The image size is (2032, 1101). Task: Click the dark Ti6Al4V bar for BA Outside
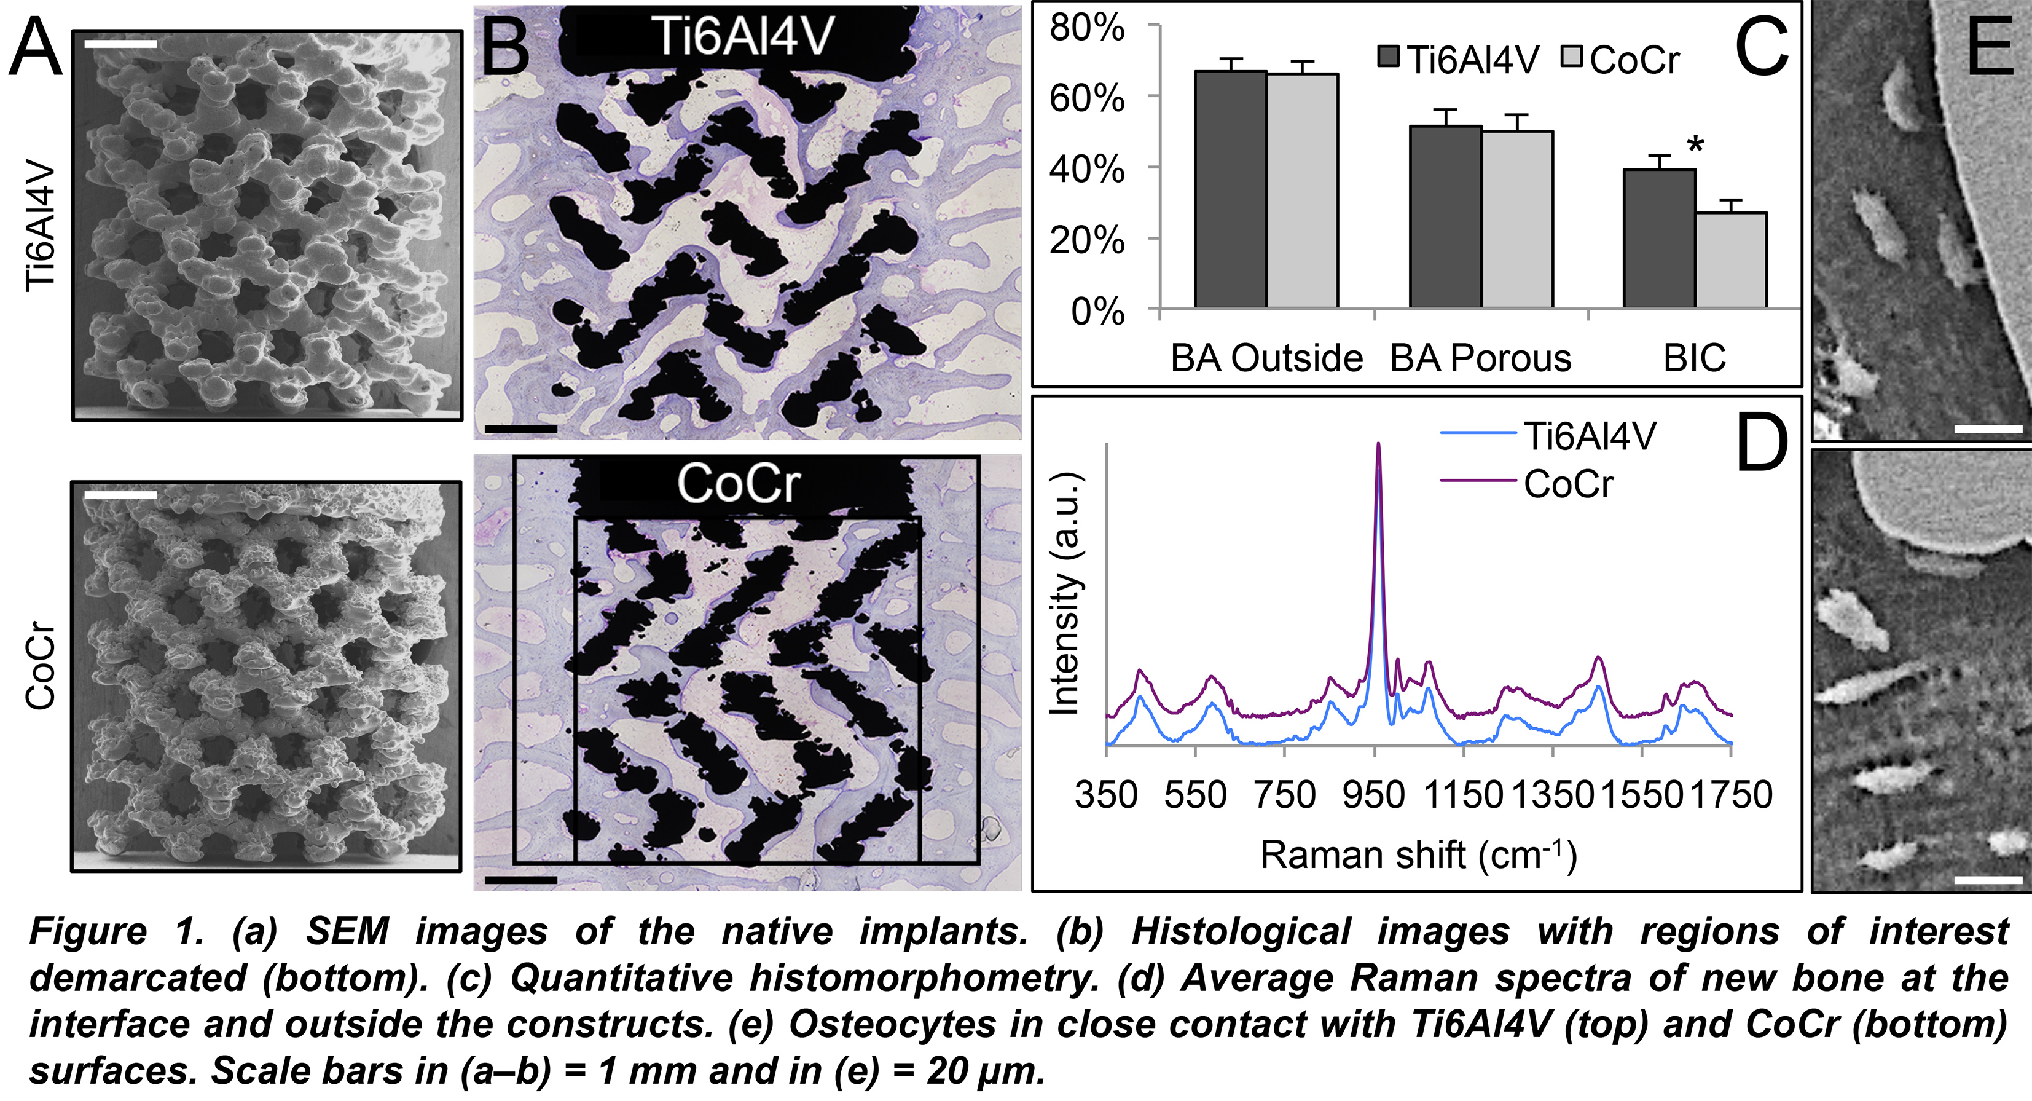pos(1231,189)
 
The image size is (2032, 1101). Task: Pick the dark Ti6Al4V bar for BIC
pos(1660,239)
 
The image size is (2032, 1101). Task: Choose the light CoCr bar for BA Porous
pos(1518,219)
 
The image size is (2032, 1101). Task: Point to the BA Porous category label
pos(1481,358)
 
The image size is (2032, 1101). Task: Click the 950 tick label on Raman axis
pos(1374,795)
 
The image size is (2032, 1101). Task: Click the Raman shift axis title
pos(1418,854)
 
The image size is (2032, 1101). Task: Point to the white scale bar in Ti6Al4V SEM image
pos(120,44)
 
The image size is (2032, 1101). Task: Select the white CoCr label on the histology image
pos(739,483)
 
